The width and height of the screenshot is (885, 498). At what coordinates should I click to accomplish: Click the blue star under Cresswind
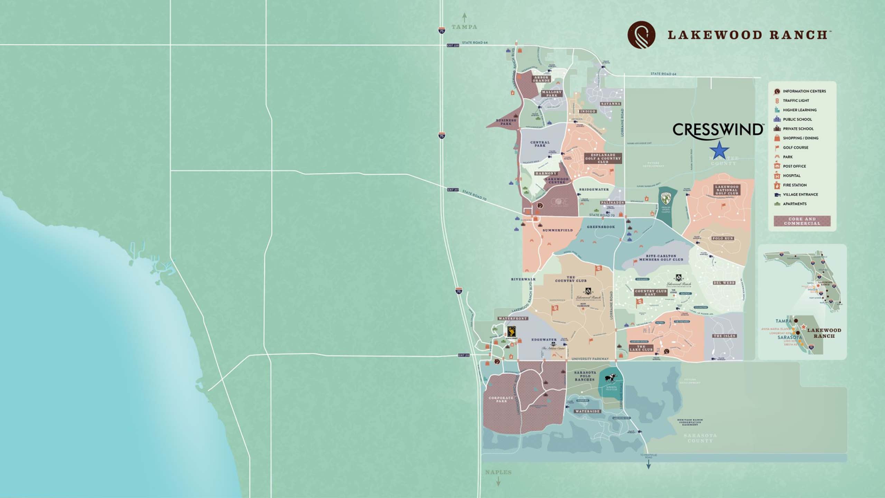[719, 151]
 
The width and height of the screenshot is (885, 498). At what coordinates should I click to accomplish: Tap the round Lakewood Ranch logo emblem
[641, 35]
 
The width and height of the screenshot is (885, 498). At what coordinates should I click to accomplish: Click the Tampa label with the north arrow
[464, 27]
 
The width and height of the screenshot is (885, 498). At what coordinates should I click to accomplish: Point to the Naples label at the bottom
[498, 472]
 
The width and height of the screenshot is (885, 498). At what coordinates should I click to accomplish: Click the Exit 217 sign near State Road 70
[453, 190]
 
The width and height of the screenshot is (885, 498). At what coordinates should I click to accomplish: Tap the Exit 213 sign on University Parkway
[464, 355]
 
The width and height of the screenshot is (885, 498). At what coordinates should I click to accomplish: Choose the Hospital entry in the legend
[791, 176]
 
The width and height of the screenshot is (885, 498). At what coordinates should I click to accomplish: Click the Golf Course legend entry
[795, 147]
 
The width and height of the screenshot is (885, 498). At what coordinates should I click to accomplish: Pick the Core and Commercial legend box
[802, 221]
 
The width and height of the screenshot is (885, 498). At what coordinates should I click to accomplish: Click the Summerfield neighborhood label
[558, 230]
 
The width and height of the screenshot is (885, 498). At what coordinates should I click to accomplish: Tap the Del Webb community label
[724, 283]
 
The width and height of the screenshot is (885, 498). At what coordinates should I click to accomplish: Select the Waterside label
[588, 412]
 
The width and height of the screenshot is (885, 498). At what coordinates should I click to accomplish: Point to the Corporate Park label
[501, 399]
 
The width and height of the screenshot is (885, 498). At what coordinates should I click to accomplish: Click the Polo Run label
[723, 239]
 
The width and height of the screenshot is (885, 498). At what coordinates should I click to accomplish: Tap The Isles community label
[724, 336]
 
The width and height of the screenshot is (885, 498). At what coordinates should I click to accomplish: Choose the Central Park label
[540, 144]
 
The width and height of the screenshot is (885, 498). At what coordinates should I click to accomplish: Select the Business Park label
[506, 122]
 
